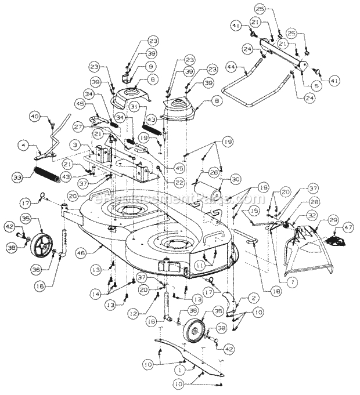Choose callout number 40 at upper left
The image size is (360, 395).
pyautogui.click(x=35, y=117)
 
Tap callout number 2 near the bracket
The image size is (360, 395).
pyautogui.click(x=253, y=296)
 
